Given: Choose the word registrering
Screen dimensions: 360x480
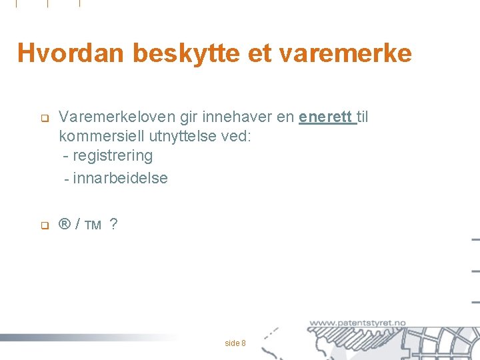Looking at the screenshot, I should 113,156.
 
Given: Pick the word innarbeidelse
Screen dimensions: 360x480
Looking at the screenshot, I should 121,178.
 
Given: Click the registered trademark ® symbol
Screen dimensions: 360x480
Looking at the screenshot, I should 65,225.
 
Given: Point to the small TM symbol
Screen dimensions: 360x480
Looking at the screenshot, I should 93,226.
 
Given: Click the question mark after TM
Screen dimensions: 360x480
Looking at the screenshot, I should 114,225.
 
